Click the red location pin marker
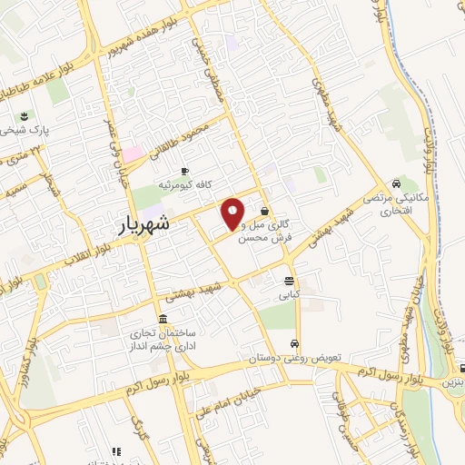pos(233,213)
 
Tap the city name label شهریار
pos(145,228)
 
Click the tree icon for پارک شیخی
pos(25,116)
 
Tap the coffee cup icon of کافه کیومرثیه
pos(185,171)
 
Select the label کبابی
pos(290,295)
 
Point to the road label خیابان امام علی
pos(222,396)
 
